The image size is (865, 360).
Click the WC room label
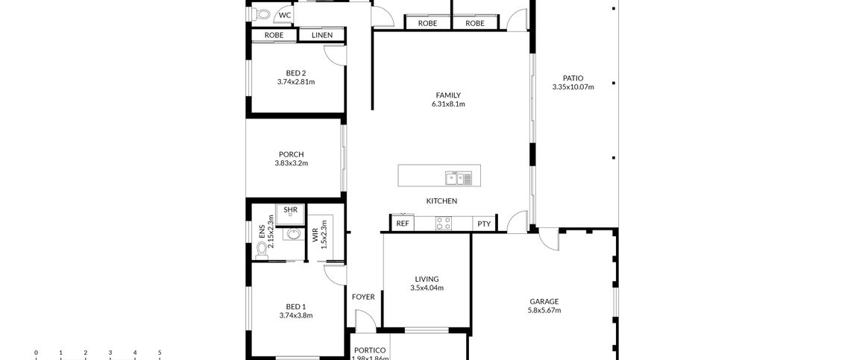(x=285, y=15)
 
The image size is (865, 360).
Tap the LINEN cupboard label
(x=322, y=35)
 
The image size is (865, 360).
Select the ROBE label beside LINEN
(x=274, y=35)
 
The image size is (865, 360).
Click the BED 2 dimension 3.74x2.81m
(x=295, y=82)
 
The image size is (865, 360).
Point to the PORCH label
(x=291, y=154)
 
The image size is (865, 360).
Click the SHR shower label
(x=290, y=210)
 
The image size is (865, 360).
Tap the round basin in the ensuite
(x=293, y=235)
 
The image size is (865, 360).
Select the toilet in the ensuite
(x=261, y=251)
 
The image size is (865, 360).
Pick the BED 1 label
(x=295, y=306)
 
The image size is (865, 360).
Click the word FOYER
(x=363, y=297)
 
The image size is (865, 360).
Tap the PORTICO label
(x=369, y=350)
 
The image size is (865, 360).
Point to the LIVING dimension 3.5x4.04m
(x=427, y=288)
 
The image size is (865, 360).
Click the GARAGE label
(x=544, y=301)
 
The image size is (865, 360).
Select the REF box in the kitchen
(x=403, y=224)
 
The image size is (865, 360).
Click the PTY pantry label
(x=484, y=224)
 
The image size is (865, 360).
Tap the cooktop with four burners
(x=444, y=223)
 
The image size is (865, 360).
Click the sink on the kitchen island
(x=458, y=177)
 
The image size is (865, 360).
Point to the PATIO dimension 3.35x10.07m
(x=573, y=87)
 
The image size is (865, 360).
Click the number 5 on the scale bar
(x=160, y=353)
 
